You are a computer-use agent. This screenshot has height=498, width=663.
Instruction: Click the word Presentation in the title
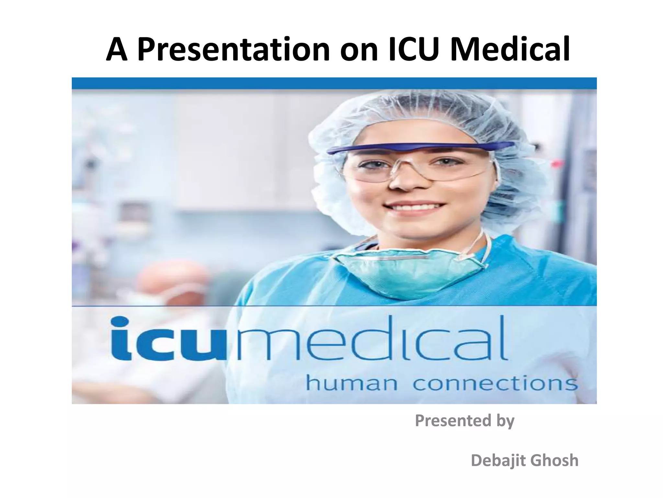point(233,50)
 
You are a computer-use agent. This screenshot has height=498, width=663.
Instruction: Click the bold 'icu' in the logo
point(171,339)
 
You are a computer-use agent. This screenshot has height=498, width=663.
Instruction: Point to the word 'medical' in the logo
point(370,339)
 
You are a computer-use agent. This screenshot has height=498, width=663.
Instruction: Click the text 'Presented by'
point(465,421)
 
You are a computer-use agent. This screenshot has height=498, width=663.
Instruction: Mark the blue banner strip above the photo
point(334,83)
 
